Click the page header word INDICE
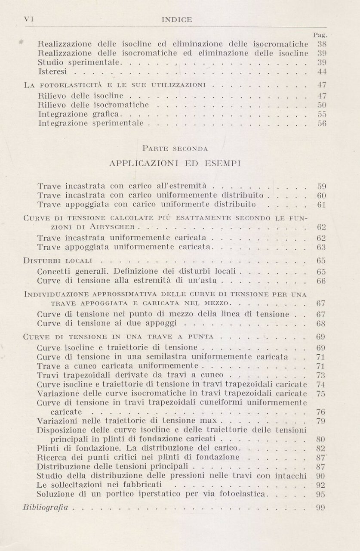176,19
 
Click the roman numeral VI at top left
29,19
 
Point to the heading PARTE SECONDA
175,149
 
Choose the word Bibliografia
46,508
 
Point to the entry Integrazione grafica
80,115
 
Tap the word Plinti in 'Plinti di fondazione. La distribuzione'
48,448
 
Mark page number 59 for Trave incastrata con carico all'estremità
321,186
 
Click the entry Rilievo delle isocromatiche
93,105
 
